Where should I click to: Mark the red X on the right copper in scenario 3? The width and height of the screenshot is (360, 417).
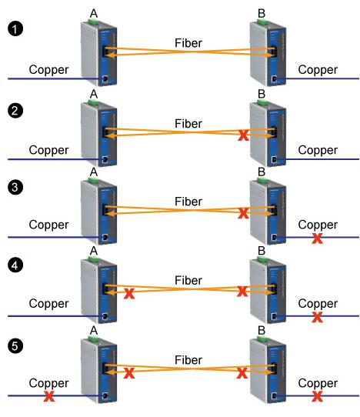point(317,239)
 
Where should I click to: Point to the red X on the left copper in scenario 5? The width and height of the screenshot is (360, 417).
point(49,397)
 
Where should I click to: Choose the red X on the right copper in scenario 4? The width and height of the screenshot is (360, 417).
point(317,317)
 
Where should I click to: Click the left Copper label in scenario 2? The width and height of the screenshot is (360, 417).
point(48,149)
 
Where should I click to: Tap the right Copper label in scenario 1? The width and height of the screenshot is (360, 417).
point(317,69)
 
